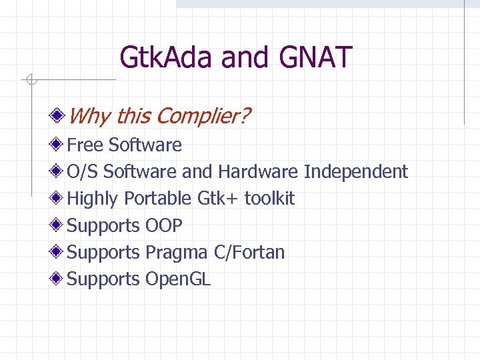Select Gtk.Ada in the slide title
pyautogui.click(x=167, y=57)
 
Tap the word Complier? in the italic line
pyautogui.click(x=204, y=117)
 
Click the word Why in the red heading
pyautogui.click(x=89, y=117)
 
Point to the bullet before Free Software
pyautogui.click(x=60, y=145)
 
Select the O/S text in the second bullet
pyautogui.click(x=83, y=171)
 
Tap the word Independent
pyautogui.click(x=355, y=171)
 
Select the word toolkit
pyautogui.click(x=269, y=199)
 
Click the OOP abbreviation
pyautogui.click(x=163, y=225)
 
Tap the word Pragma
pyautogui.click(x=177, y=253)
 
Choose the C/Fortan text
pyautogui.click(x=249, y=252)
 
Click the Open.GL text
pyautogui.click(x=178, y=279)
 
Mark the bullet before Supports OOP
pyautogui.click(x=60, y=225)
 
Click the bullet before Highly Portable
pyautogui.click(x=60, y=199)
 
